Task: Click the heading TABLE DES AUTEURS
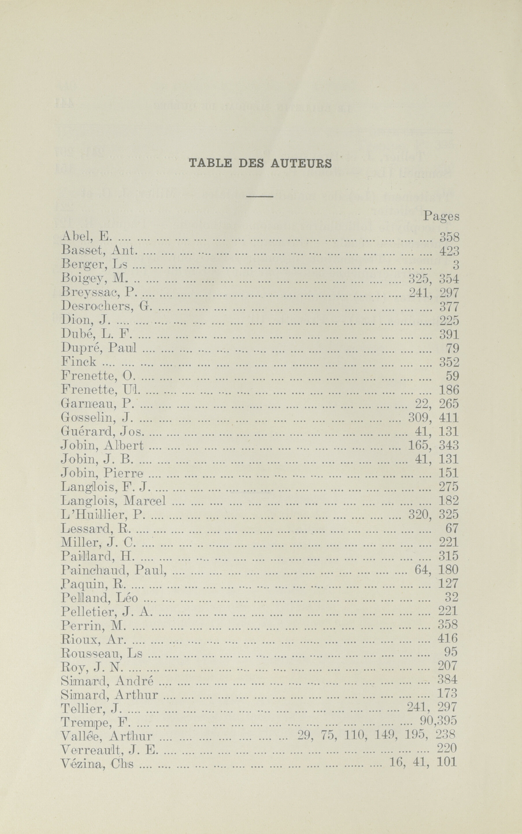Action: [x=260, y=163]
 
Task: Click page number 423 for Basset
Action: [x=449, y=251]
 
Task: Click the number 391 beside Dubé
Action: [x=449, y=334]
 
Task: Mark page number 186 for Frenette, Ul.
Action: [x=449, y=390]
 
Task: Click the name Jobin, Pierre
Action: [x=102, y=473]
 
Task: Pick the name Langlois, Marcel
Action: [x=113, y=501]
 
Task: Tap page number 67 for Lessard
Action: [x=451, y=528]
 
